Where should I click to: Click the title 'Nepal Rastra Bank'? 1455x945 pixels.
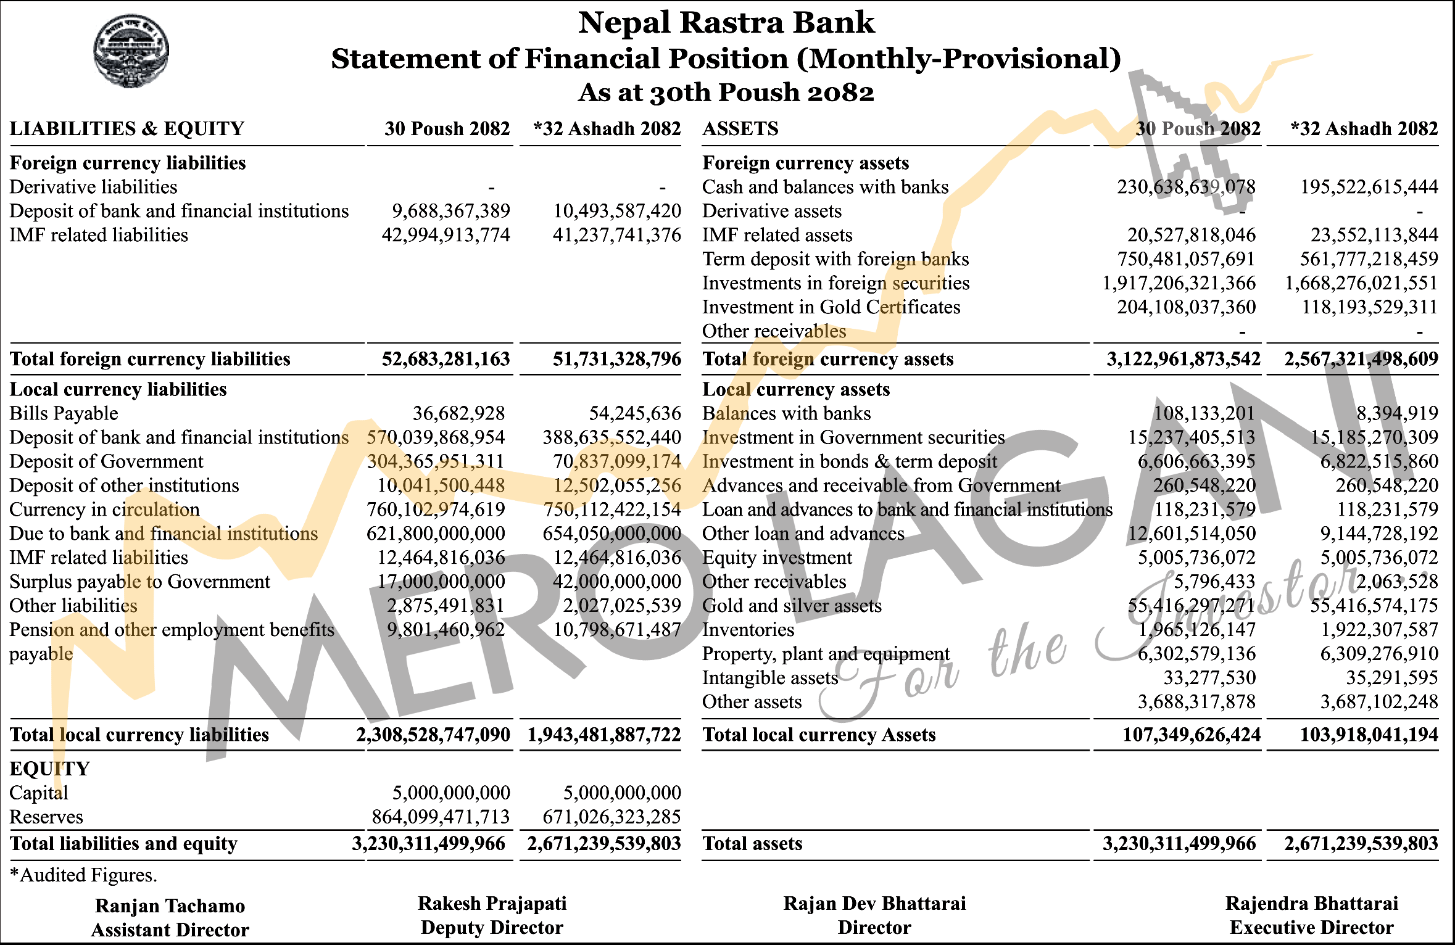(x=726, y=23)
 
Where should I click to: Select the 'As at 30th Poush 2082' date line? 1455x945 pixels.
(x=726, y=93)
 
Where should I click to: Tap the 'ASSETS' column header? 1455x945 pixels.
(x=740, y=128)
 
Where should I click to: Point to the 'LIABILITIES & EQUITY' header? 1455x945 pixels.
(x=127, y=128)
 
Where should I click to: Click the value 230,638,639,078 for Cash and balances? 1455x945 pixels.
(x=1186, y=187)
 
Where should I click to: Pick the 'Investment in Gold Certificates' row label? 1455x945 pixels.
(x=831, y=307)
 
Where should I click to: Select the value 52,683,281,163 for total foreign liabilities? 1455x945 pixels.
(x=446, y=359)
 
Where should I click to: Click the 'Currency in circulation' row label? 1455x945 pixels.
(x=104, y=510)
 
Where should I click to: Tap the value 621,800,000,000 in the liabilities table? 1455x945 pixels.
(x=436, y=534)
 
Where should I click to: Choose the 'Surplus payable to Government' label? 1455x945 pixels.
(x=139, y=582)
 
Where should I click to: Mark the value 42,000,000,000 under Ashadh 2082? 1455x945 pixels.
(x=617, y=582)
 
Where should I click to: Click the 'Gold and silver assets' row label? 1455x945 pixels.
(x=792, y=606)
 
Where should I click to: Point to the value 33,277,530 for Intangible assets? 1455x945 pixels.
(x=1209, y=678)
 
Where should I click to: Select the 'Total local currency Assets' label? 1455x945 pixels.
(x=819, y=735)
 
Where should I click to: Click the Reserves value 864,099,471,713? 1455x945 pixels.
(x=441, y=817)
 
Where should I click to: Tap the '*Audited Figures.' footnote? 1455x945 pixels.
(x=83, y=875)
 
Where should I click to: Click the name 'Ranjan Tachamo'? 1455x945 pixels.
(x=170, y=906)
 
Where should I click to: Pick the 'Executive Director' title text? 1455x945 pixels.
(x=1311, y=928)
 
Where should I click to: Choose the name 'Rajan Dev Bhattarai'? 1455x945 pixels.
(x=874, y=904)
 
